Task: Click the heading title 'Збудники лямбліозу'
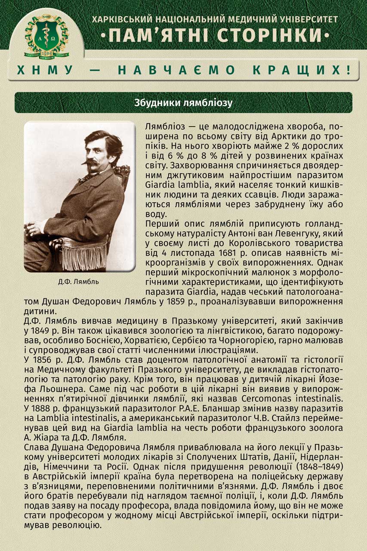pyautogui.click(x=183, y=103)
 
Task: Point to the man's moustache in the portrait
pyautogui.click(x=91, y=163)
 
